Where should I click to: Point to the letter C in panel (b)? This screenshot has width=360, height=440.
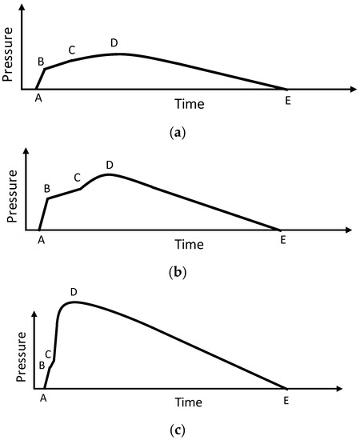[77, 178]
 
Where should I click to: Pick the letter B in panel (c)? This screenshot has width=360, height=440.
[42, 366]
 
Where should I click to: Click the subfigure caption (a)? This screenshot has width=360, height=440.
[179, 134]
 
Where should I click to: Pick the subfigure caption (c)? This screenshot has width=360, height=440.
[179, 431]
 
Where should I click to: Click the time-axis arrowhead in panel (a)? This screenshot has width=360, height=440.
[351, 90]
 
